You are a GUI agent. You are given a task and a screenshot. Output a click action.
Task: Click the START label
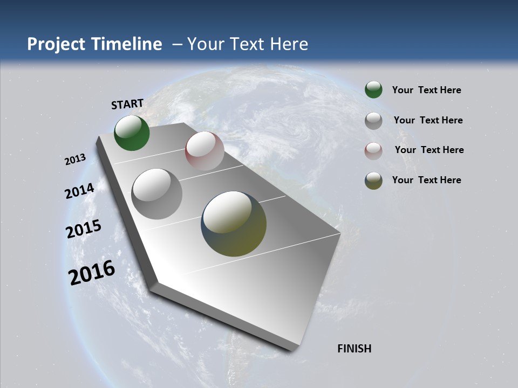click(127, 104)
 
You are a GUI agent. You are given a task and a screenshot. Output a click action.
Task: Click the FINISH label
click(354, 349)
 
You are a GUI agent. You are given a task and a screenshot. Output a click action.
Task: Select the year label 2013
click(76, 160)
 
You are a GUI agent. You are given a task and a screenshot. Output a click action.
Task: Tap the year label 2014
click(79, 191)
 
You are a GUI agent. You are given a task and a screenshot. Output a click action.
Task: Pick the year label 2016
click(92, 273)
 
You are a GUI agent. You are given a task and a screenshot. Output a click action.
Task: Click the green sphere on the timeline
click(132, 133)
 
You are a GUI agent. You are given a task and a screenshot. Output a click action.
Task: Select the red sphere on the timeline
click(205, 151)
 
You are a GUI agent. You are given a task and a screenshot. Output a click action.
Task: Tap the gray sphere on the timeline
click(157, 194)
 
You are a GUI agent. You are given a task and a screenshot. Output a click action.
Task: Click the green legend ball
click(373, 90)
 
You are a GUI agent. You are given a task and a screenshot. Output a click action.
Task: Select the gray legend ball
click(373, 121)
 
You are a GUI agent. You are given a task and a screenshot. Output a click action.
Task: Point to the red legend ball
click(373, 151)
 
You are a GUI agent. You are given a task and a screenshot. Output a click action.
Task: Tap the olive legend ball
click(373, 181)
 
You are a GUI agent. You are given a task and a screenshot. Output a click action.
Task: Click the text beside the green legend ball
click(426, 90)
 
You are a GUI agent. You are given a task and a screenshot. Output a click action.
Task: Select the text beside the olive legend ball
click(426, 180)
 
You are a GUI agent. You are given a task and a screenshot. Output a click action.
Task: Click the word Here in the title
click(289, 44)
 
